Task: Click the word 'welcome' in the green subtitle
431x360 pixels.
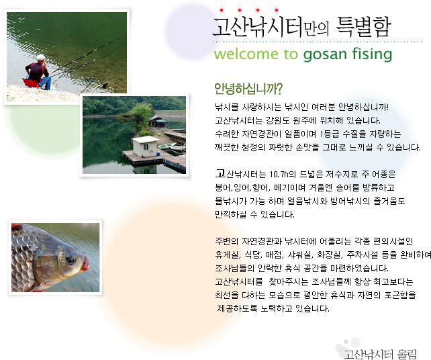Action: coord(246,54)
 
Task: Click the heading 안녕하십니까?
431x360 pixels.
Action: coord(248,89)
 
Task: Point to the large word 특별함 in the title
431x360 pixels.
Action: coord(363,27)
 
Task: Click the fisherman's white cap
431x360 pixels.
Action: coord(41,57)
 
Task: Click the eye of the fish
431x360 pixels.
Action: coord(70,259)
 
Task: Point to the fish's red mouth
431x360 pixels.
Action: coord(86,263)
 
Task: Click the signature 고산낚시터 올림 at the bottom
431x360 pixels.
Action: coord(380,354)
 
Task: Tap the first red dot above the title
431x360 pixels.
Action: coord(222,10)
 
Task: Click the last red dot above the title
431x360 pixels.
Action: coord(277,10)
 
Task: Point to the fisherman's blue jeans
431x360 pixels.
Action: coord(46,81)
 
